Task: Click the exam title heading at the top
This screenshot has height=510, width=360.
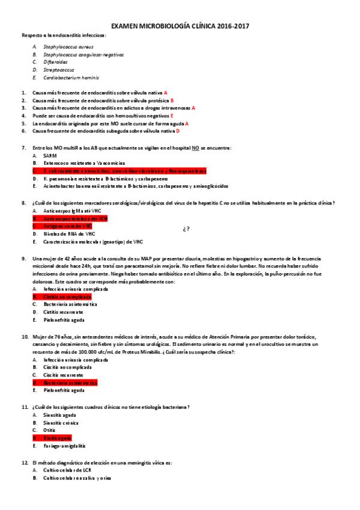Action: (180, 26)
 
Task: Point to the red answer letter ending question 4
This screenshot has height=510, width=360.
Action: (172, 115)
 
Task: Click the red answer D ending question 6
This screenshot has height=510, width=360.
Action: (178, 131)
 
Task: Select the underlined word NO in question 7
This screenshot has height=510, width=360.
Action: (195, 148)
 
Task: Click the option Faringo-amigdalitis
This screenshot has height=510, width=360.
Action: (64, 446)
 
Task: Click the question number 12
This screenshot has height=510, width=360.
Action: (24, 462)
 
